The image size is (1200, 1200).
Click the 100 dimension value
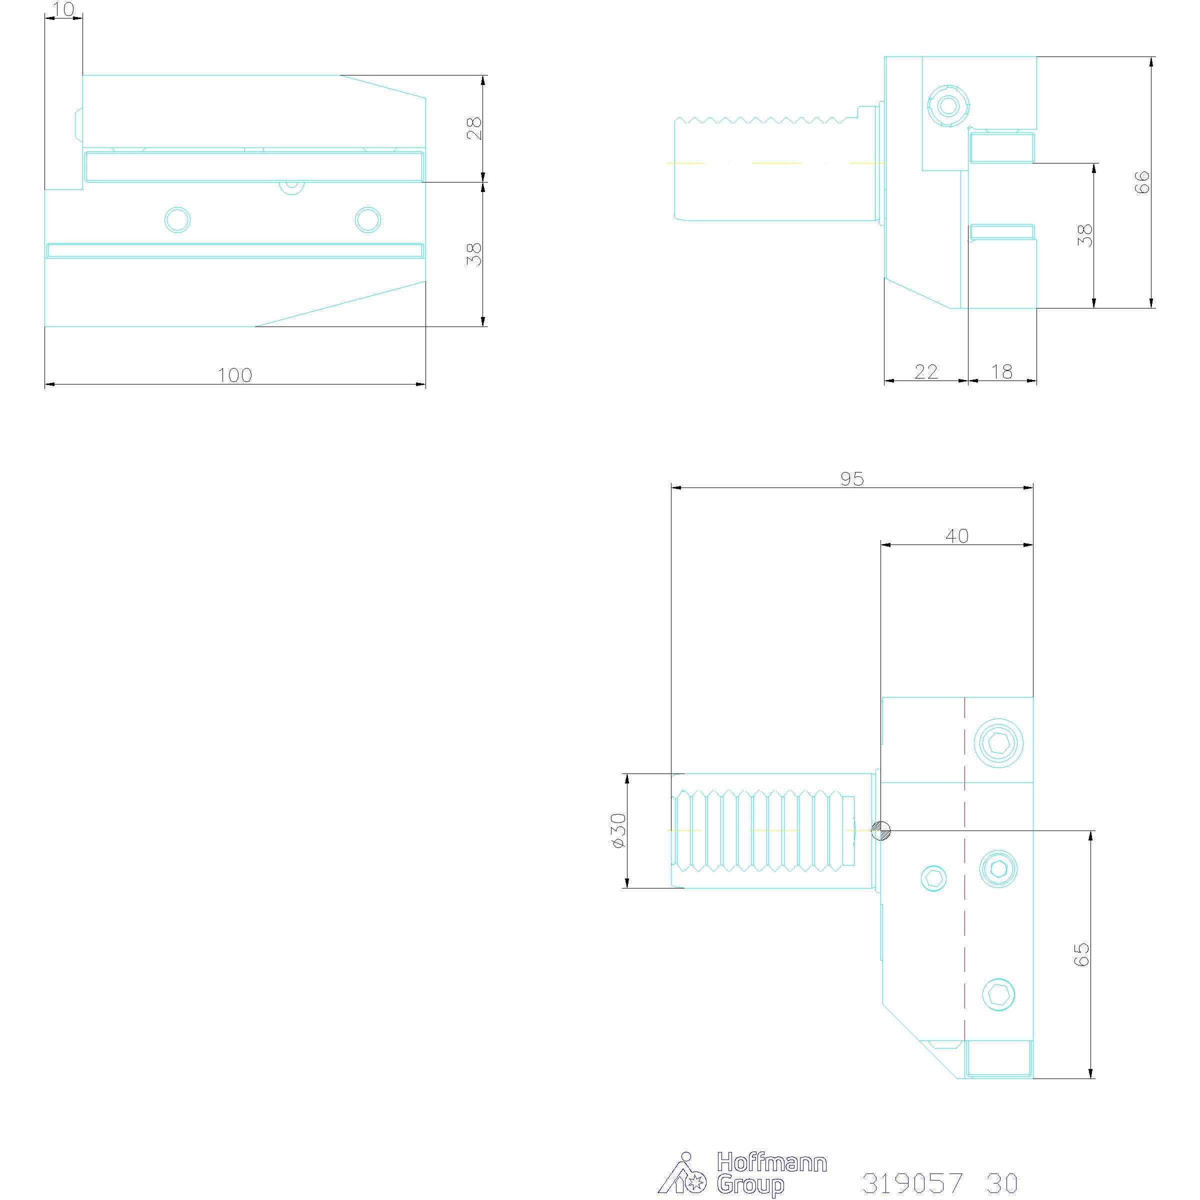pos(235,375)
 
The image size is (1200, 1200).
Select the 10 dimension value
pos(64,9)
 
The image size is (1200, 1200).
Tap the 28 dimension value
pos(474,128)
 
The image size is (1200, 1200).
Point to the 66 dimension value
pos(1141,182)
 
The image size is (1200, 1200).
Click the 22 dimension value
pos(926,371)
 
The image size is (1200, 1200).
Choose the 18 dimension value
pos(1002,371)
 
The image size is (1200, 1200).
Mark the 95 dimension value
pos(852,478)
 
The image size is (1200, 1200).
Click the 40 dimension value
pos(957,536)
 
